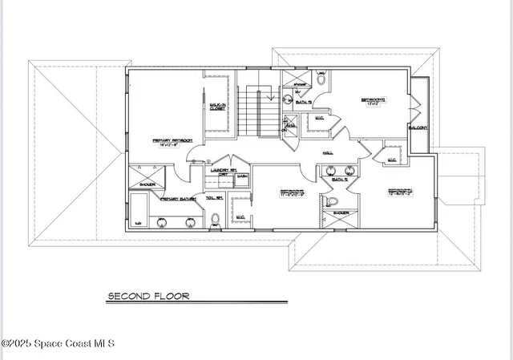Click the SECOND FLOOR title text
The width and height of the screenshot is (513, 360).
point(149,296)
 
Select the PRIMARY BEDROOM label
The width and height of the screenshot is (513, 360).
point(169,143)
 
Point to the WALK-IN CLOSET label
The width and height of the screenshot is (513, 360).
point(217,106)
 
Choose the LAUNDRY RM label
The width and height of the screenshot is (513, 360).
point(222,170)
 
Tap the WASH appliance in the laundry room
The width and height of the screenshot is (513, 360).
point(241,178)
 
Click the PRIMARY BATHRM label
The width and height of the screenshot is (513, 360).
point(178,199)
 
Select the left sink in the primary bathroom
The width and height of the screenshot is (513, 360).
point(164,220)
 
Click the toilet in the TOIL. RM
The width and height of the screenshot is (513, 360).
point(214,218)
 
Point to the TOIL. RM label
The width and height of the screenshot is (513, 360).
point(213,199)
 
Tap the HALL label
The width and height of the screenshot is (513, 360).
point(328,152)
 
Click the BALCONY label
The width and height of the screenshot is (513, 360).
point(418,127)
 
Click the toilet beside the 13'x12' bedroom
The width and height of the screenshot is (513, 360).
point(321,79)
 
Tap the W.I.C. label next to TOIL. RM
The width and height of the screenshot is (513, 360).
point(240,216)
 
